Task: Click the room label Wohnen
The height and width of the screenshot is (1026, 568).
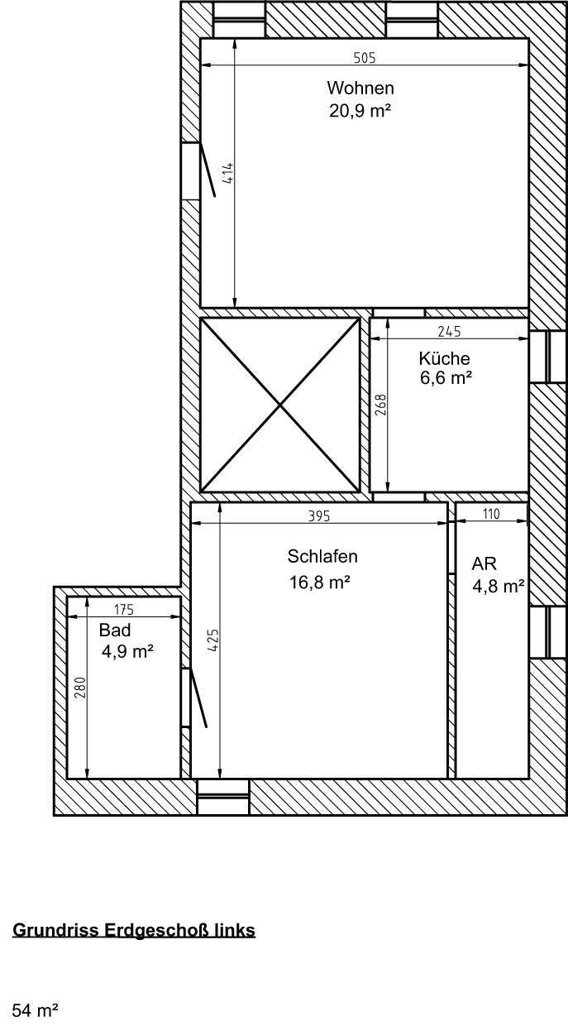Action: coord(360,88)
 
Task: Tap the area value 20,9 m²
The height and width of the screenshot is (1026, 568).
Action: coord(360,109)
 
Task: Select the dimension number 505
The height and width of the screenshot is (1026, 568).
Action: coord(365,58)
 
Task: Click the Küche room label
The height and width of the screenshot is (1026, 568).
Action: coord(444,358)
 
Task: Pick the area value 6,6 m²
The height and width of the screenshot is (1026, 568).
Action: coord(446,378)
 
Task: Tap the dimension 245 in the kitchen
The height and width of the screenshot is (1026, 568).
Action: coord(449,332)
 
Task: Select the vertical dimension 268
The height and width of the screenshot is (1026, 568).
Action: coord(380,405)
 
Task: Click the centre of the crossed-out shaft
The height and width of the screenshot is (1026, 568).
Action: coord(280,405)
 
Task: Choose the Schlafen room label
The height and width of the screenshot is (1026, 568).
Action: coord(322,556)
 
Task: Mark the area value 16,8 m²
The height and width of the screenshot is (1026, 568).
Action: coord(319,583)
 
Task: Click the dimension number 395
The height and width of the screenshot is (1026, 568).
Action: coord(319,516)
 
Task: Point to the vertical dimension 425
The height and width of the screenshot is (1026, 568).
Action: coord(212,641)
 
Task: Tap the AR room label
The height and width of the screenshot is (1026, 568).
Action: coord(484,564)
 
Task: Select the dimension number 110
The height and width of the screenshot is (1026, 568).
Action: coord(491,514)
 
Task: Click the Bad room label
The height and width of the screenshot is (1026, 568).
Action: coord(115,630)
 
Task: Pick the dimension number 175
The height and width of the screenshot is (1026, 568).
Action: coord(123,611)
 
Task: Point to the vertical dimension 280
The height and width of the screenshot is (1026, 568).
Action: coord(79,688)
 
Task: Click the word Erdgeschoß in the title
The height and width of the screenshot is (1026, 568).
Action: coord(155,930)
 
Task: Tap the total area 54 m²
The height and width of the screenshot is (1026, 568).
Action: coord(35,1010)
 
